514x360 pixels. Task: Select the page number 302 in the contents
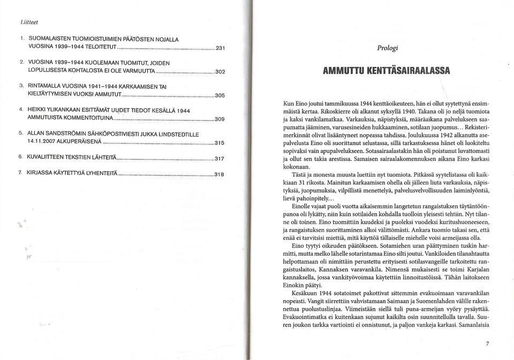pyautogui.click(x=220, y=72)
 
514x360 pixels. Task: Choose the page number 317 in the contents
pyautogui.click(x=219, y=158)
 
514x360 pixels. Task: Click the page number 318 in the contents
pyautogui.click(x=219, y=174)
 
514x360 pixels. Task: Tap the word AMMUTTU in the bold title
pyautogui.click(x=346, y=70)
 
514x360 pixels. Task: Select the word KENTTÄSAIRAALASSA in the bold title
pyautogui.click(x=409, y=70)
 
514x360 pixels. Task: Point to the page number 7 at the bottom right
pyautogui.click(x=487, y=344)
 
